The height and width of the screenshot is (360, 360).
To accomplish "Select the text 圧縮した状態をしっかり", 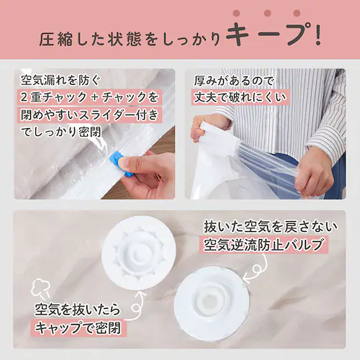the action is click(130, 39).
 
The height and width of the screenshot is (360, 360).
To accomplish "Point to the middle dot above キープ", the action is click(268, 13).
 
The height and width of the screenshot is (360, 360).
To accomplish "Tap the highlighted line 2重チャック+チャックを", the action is click(89, 97).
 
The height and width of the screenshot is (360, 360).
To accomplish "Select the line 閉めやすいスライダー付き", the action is click(89, 114).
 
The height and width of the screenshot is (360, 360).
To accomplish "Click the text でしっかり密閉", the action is click(61, 132).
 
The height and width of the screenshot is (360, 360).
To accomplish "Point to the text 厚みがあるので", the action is click(233, 81).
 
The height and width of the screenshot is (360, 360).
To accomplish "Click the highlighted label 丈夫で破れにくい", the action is click(240, 97).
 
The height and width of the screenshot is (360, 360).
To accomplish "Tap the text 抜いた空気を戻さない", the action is click(271, 227).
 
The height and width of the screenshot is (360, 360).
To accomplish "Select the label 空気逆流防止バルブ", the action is click(264, 245).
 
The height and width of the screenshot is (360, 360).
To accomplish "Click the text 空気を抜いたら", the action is click(77, 310).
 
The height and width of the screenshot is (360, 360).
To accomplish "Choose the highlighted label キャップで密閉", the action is click(78, 328).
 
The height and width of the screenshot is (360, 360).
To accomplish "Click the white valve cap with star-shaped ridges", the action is click(139, 253).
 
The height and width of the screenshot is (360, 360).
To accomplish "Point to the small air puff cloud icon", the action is click(41, 287).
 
